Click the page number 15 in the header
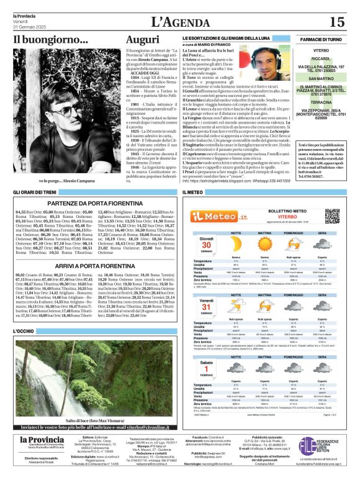click(x=337, y=22)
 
